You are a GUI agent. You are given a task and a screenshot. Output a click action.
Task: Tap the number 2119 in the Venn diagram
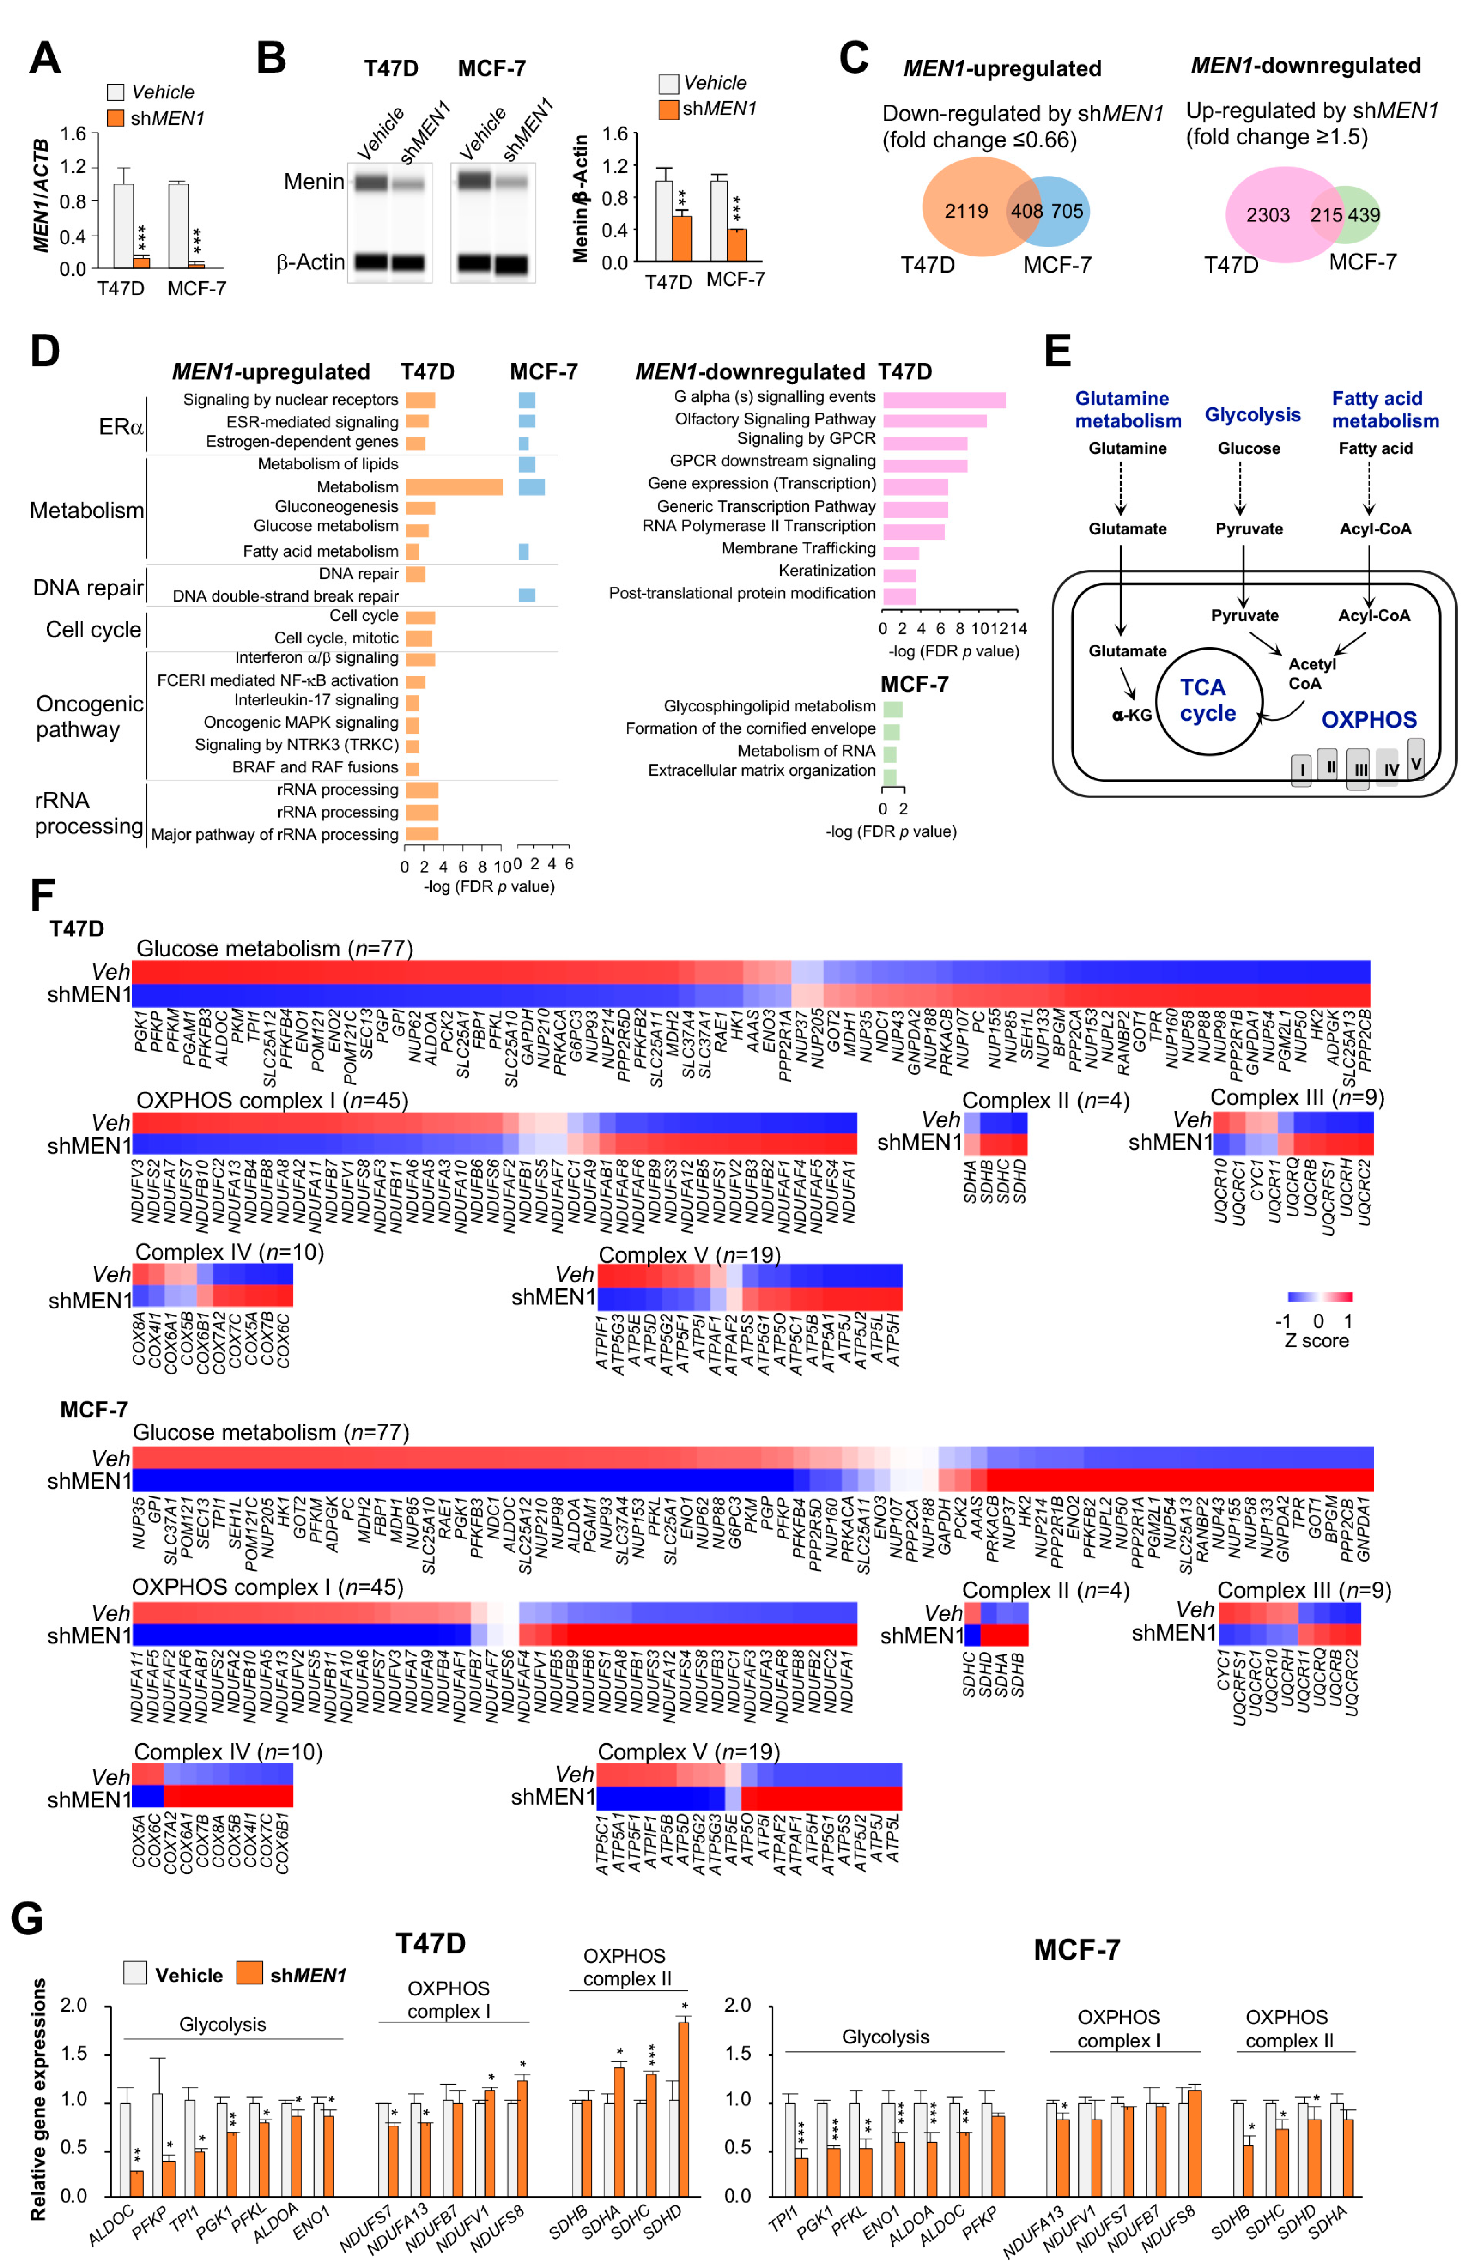click(966, 211)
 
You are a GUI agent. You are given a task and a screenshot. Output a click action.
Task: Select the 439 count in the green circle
click(1363, 215)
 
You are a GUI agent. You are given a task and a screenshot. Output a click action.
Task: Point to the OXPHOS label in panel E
click(1368, 720)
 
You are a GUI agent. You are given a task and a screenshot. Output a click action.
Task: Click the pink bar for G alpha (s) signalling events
click(944, 400)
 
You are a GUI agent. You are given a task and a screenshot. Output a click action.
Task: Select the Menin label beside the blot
click(314, 182)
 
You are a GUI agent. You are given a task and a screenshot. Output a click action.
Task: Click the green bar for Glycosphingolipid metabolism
click(892, 709)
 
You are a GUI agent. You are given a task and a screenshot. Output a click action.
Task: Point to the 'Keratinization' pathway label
click(827, 571)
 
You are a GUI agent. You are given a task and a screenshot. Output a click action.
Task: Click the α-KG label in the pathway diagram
click(1131, 715)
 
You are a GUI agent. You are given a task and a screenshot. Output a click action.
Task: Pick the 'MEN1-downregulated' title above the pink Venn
click(1306, 66)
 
